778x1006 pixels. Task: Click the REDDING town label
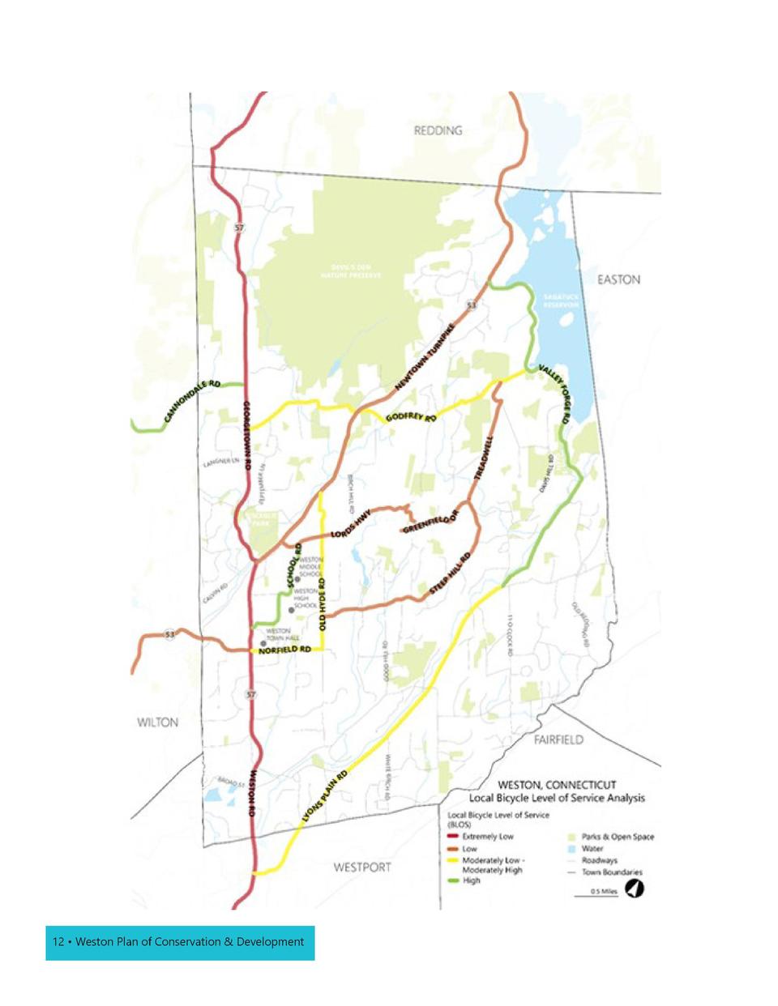coord(438,130)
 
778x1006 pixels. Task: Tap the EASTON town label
coord(618,279)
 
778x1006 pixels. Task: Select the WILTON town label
coord(157,723)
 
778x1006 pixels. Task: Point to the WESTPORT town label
coord(362,867)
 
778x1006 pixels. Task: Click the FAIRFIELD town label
coord(558,740)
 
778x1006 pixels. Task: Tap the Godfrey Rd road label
coord(411,416)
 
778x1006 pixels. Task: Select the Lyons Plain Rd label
coord(324,797)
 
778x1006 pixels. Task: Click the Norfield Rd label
coord(284,650)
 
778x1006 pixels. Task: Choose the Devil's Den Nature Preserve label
coord(350,271)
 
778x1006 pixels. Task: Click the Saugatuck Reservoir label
coord(560,301)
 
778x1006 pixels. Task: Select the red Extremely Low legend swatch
coord(453,837)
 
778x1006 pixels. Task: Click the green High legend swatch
coord(453,880)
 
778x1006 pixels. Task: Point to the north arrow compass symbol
coord(635,889)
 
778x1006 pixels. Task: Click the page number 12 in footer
coord(58,942)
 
